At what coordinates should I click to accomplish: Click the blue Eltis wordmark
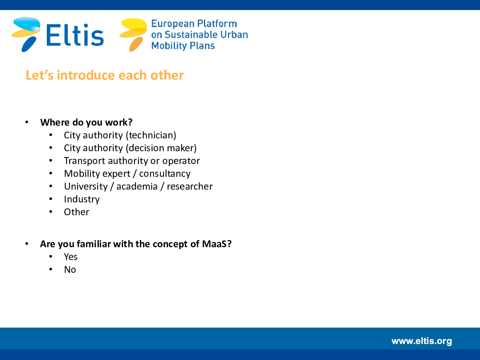coord(75,35)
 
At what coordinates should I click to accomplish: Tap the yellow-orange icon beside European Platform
coord(133,35)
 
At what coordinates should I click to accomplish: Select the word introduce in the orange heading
coord(86,75)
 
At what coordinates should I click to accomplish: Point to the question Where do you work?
coord(86,122)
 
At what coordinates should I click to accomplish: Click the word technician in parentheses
coord(151,135)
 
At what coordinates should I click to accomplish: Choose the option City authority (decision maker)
coord(130,148)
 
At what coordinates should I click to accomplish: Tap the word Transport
coord(85,161)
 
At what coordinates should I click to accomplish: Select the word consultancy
coord(165,174)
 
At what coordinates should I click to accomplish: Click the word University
coord(86,186)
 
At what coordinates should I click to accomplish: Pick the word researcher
coord(190,186)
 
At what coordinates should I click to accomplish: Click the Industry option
coord(82,199)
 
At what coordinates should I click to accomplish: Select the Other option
coord(76,212)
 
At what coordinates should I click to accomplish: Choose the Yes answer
coord(71,257)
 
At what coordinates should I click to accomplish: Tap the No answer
coord(70,270)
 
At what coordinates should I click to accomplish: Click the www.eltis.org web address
coord(422,341)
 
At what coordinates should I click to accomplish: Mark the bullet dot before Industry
coord(51,199)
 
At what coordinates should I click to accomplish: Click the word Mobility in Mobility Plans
coord(169,46)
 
